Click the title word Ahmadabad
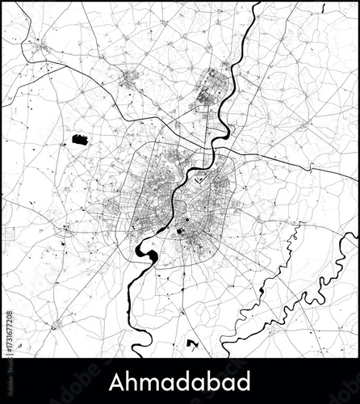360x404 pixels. (180, 381)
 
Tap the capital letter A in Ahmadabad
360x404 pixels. (115, 381)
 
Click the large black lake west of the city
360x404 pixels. (80, 140)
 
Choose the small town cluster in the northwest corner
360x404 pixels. (40, 50)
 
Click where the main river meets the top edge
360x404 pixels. (257, 4)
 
